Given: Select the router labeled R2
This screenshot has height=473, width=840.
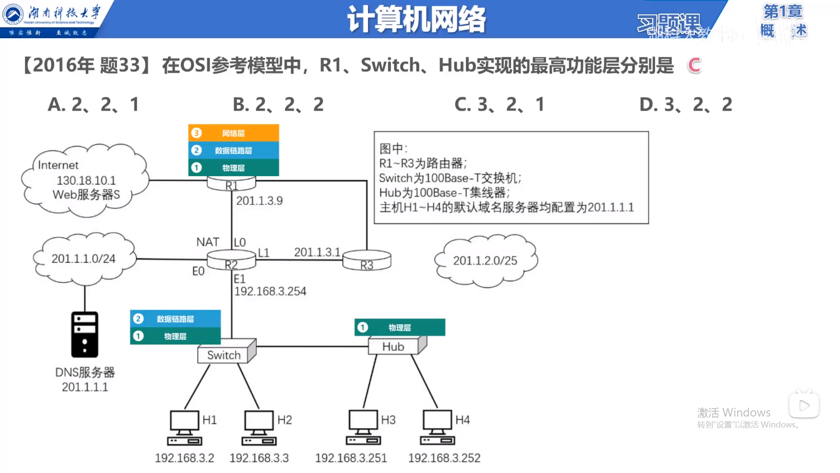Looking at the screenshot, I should point(231,261).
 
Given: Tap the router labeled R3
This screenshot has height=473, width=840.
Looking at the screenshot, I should point(367,261).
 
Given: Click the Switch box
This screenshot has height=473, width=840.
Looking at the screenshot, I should point(224,354).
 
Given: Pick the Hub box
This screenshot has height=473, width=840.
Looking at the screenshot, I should point(394,346).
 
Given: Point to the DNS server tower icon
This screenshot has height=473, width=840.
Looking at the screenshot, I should point(85,335).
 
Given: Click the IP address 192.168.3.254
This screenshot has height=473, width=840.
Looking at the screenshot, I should point(270,291).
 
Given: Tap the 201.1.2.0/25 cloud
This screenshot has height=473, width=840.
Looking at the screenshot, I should point(485,261).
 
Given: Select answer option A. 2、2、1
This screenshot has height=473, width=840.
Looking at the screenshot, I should point(93,104).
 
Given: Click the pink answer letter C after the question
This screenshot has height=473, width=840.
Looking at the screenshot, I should point(694,66).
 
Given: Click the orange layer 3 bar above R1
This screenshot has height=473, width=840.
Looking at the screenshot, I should point(234,133).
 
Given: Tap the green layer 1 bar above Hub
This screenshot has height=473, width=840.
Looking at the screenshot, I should point(399,328).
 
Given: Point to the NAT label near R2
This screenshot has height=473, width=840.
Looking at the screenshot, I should point(208,242).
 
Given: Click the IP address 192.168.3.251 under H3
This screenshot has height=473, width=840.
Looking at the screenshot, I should point(351,458).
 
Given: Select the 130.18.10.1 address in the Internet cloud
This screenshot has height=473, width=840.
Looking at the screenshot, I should point(86,180).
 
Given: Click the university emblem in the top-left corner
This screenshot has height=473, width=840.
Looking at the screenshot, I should point(13,14).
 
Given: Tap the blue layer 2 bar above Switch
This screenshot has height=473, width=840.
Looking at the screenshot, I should point(175,319).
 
